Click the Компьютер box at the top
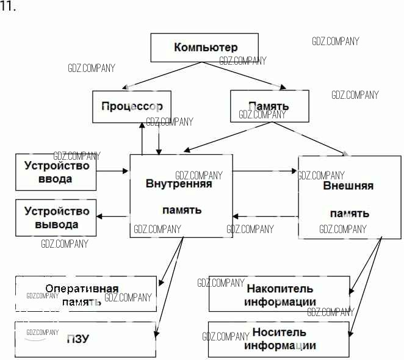tap(205, 48)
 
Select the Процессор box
tap(131, 105)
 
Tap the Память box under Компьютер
tap(269, 106)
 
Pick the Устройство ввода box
tap(56, 172)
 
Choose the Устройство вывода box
tap(56, 218)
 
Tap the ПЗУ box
tap(85, 339)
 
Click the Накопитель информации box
tap(280, 295)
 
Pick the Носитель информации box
tap(280, 339)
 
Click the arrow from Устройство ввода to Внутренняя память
tap(113, 171)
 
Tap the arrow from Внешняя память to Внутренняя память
tap(266, 216)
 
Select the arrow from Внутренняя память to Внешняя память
tap(266, 171)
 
